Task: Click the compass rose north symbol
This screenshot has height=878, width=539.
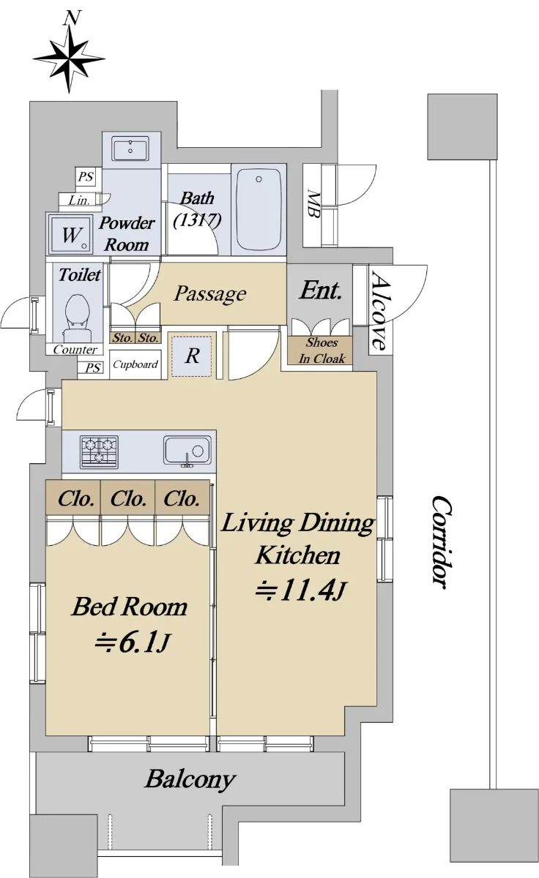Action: [x=69, y=54]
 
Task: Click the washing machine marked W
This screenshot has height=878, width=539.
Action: [x=70, y=234]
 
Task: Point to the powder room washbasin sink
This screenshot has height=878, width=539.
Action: [x=130, y=149]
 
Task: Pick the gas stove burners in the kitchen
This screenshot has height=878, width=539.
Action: [x=100, y=452]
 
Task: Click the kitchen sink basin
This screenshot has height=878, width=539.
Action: [x=187, y=451]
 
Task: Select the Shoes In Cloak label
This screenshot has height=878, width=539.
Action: [x=321, y=350]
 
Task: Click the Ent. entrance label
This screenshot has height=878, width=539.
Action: [x=321, y=290]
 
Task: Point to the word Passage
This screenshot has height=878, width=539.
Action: [x=210, y=293]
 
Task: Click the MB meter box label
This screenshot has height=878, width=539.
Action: [x=313, y=203]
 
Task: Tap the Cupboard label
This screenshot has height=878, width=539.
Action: [x=135, y=364]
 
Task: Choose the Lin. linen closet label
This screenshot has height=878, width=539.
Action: [x=80, y=200]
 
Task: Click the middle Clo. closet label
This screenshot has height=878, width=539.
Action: [x=128, y=499]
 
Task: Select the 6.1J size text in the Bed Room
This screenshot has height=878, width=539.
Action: [x=133, y=643]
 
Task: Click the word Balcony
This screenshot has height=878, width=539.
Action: [x=190, y=779]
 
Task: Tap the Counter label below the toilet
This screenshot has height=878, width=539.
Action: [x=75, y=349]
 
